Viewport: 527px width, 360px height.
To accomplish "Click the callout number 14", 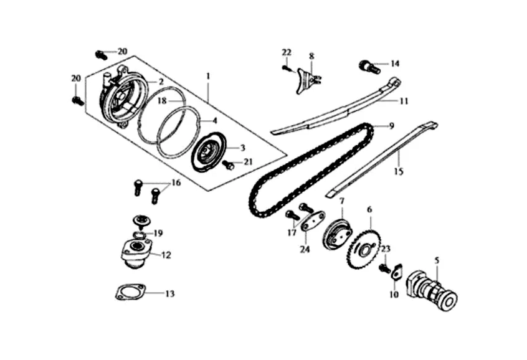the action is tap(395, 63).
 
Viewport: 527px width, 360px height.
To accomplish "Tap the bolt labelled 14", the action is tap(366, 65).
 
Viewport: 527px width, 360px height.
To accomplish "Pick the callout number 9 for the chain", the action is tap(392, 126).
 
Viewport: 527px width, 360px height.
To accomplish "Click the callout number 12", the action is tap(166, 255).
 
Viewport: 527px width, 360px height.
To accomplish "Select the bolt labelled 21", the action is tap(228, 165).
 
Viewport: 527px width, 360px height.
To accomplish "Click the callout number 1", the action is tap(208, 76).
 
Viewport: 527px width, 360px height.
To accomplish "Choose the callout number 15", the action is tap(399, 168).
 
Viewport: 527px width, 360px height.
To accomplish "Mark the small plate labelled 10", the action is tap(397, 273).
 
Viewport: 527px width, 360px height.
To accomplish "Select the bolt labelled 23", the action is tap(384, 268).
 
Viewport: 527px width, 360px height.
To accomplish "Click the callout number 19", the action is tap(158, 233).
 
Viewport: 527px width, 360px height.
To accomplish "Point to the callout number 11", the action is tap(404, 101).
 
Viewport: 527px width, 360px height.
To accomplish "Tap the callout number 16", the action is tap(176, 183).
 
